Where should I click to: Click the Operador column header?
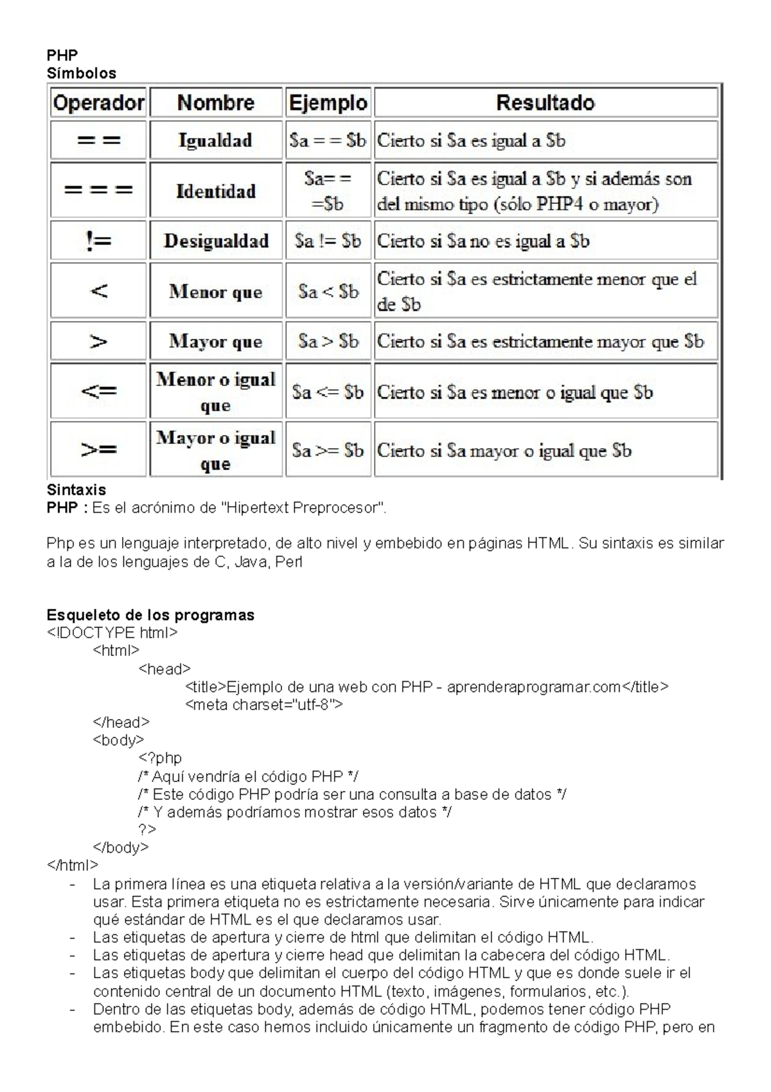point(98,103)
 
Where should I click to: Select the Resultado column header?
point(545,103)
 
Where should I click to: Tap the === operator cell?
point(98,190)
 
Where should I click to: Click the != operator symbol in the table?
point(98,241)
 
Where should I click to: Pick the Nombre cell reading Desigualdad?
point(216,241)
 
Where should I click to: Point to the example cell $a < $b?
point(328,291)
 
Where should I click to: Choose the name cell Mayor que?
point(216,341)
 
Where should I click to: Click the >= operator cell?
point(98,450)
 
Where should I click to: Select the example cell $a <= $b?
point(328,392)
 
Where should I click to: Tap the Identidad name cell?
point(216,191)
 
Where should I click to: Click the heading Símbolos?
point(82,73)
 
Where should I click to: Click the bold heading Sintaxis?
point(76,489)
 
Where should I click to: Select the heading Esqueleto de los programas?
point(150,615)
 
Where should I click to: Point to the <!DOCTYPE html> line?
point(112,632)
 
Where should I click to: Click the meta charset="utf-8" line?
point(264,704)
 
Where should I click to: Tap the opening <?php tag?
point(160,758)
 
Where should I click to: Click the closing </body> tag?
point(121,847)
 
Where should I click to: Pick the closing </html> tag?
point(73,865)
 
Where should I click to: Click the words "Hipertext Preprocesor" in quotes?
point(303,508)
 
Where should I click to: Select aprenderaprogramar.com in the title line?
point(533,687)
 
